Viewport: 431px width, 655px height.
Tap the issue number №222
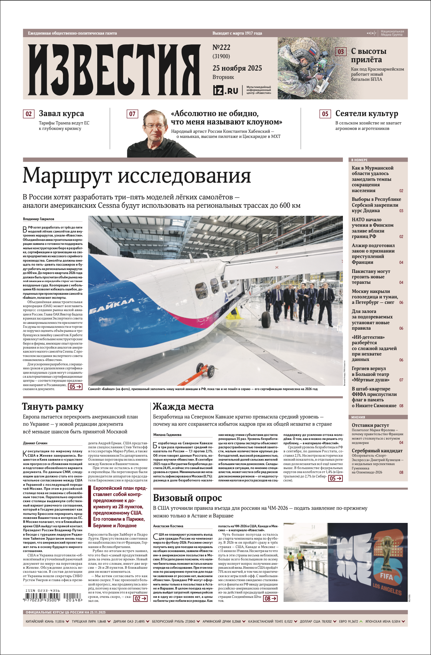click(x=221, y=47)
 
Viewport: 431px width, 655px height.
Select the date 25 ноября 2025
click(x=237, y=68)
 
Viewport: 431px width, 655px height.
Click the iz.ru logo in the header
click(x=226, y=90)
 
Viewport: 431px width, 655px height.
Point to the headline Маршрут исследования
click(x=137, y=175)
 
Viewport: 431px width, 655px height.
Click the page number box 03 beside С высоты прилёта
click(x=341, y=52)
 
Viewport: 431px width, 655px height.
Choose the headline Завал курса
click(x=61, y=114)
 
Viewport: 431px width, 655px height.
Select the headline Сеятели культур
click(x=367, y=114)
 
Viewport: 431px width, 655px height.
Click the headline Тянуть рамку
click(x=53, y=406)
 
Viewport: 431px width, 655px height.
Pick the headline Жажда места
click(x=183, y=406)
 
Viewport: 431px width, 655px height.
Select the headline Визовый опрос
click(x=187, y=498)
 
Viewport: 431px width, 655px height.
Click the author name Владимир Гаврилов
click(x=39, y=219)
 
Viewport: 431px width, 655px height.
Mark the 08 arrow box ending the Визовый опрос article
click(x=270, y=598)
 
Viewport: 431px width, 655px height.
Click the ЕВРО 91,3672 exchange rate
click(x=349, y=622)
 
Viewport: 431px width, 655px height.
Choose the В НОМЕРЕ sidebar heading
click(x=359, y=160)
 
